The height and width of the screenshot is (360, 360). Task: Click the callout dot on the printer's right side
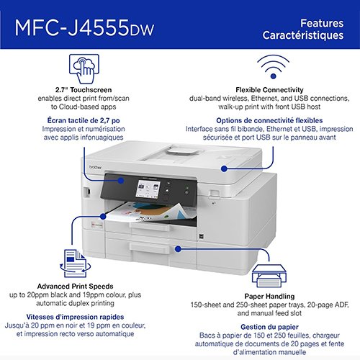click(225, 168)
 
